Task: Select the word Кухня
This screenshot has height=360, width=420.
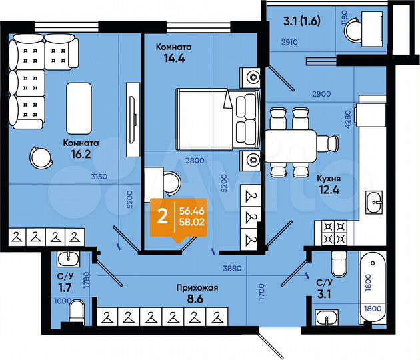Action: coord(330,179)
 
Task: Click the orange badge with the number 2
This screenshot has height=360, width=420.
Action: coord(161,217)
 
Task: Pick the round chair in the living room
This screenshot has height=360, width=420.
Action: coord(40,158)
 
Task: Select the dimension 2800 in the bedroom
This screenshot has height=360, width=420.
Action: coord(194,160)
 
